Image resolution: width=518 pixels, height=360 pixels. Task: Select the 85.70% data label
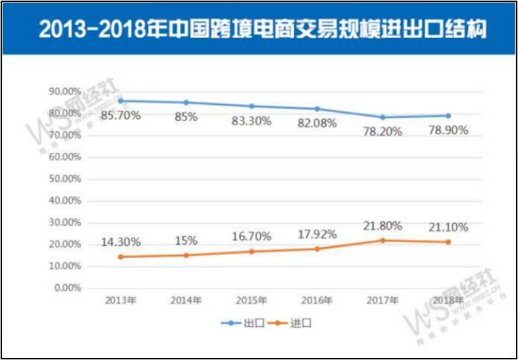pyautogui.click(x=121, y=115)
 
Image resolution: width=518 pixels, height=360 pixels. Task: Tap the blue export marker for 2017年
pyautogui.click(x=382, y=117)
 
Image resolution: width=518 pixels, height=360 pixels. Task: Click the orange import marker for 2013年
pyautogui.click(x=121, y=256)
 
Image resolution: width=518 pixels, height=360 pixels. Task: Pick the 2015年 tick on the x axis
pyautogui.click(x=251, y=300)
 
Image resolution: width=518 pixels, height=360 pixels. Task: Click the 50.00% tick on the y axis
pyautogui.click(x=65, y=179)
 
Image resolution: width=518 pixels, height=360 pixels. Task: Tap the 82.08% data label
pyautogui.click(x=317, y=123)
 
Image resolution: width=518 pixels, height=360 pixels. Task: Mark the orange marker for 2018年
pyautogui.click(x=448, y=242)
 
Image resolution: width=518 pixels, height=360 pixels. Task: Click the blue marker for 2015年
pyautogui.click(x=251, y=106)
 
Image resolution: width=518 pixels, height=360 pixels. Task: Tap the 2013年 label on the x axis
pyautogui.click(x=121, y=300)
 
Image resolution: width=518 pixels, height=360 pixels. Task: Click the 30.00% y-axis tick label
pyautogui.click(x=65, y=223)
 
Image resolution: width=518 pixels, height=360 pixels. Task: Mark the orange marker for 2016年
pyautogui.click(x=317, y=249)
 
